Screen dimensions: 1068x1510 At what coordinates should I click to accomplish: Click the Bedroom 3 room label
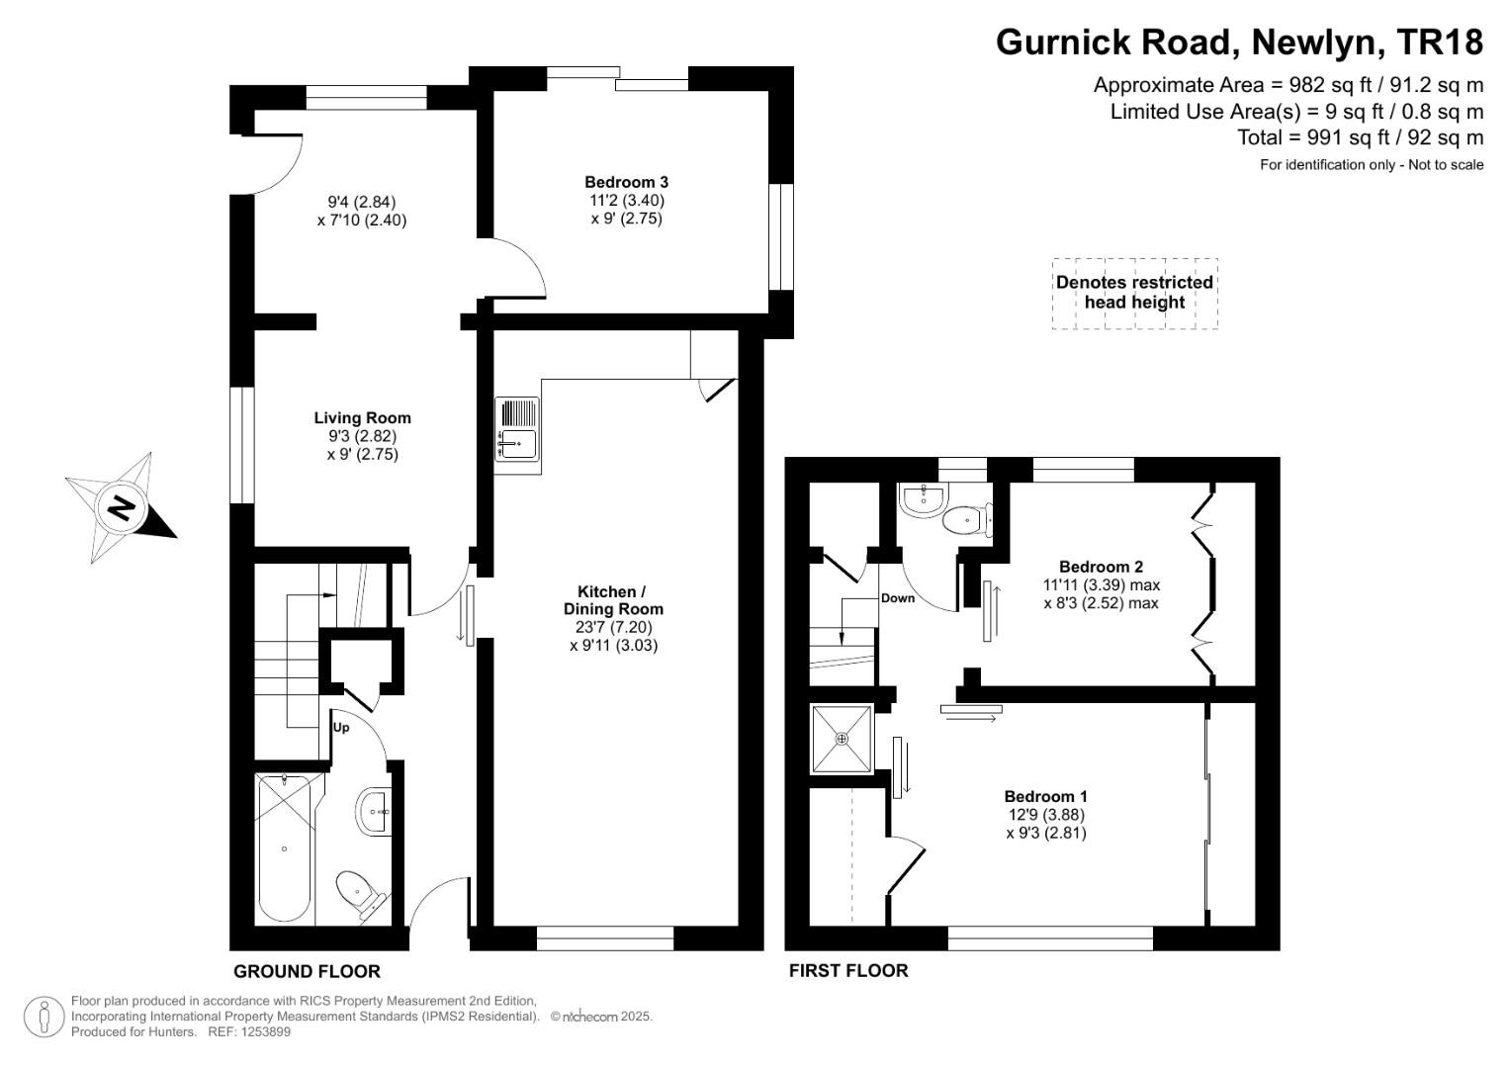coord(626,182)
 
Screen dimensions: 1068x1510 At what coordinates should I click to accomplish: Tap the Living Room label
coord(362,418)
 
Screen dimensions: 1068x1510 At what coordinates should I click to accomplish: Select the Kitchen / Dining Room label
coord(613,600)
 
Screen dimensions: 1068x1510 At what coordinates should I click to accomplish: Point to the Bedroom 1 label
coord(1045,796)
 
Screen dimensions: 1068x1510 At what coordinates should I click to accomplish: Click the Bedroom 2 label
coord(1101,567)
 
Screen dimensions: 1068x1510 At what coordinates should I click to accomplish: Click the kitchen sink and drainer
coord(517,429)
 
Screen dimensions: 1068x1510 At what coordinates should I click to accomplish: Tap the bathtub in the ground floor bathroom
coord(285,847)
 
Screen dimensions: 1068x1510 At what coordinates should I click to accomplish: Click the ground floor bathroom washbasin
coord(374,812)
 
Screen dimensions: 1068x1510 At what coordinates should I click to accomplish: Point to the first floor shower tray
coord(842,739)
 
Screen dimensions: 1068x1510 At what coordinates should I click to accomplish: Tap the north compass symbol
coord(121,508)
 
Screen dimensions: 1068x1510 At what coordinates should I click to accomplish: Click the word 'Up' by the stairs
coord(341,728)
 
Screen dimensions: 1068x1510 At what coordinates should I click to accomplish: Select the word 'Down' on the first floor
coord(897,598)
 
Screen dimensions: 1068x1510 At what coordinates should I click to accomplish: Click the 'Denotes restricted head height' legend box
coord(1134,292)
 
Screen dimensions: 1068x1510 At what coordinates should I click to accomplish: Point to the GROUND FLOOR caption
coord(307,971)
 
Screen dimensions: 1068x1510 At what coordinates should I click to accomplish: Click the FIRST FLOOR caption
coord(847,970)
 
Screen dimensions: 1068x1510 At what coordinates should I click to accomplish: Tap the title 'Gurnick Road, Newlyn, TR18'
coord(1239,43)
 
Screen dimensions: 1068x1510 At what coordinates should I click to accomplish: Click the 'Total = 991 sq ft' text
coord(1360,137)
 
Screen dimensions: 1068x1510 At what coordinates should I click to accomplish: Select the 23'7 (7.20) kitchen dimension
coord(613,627)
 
